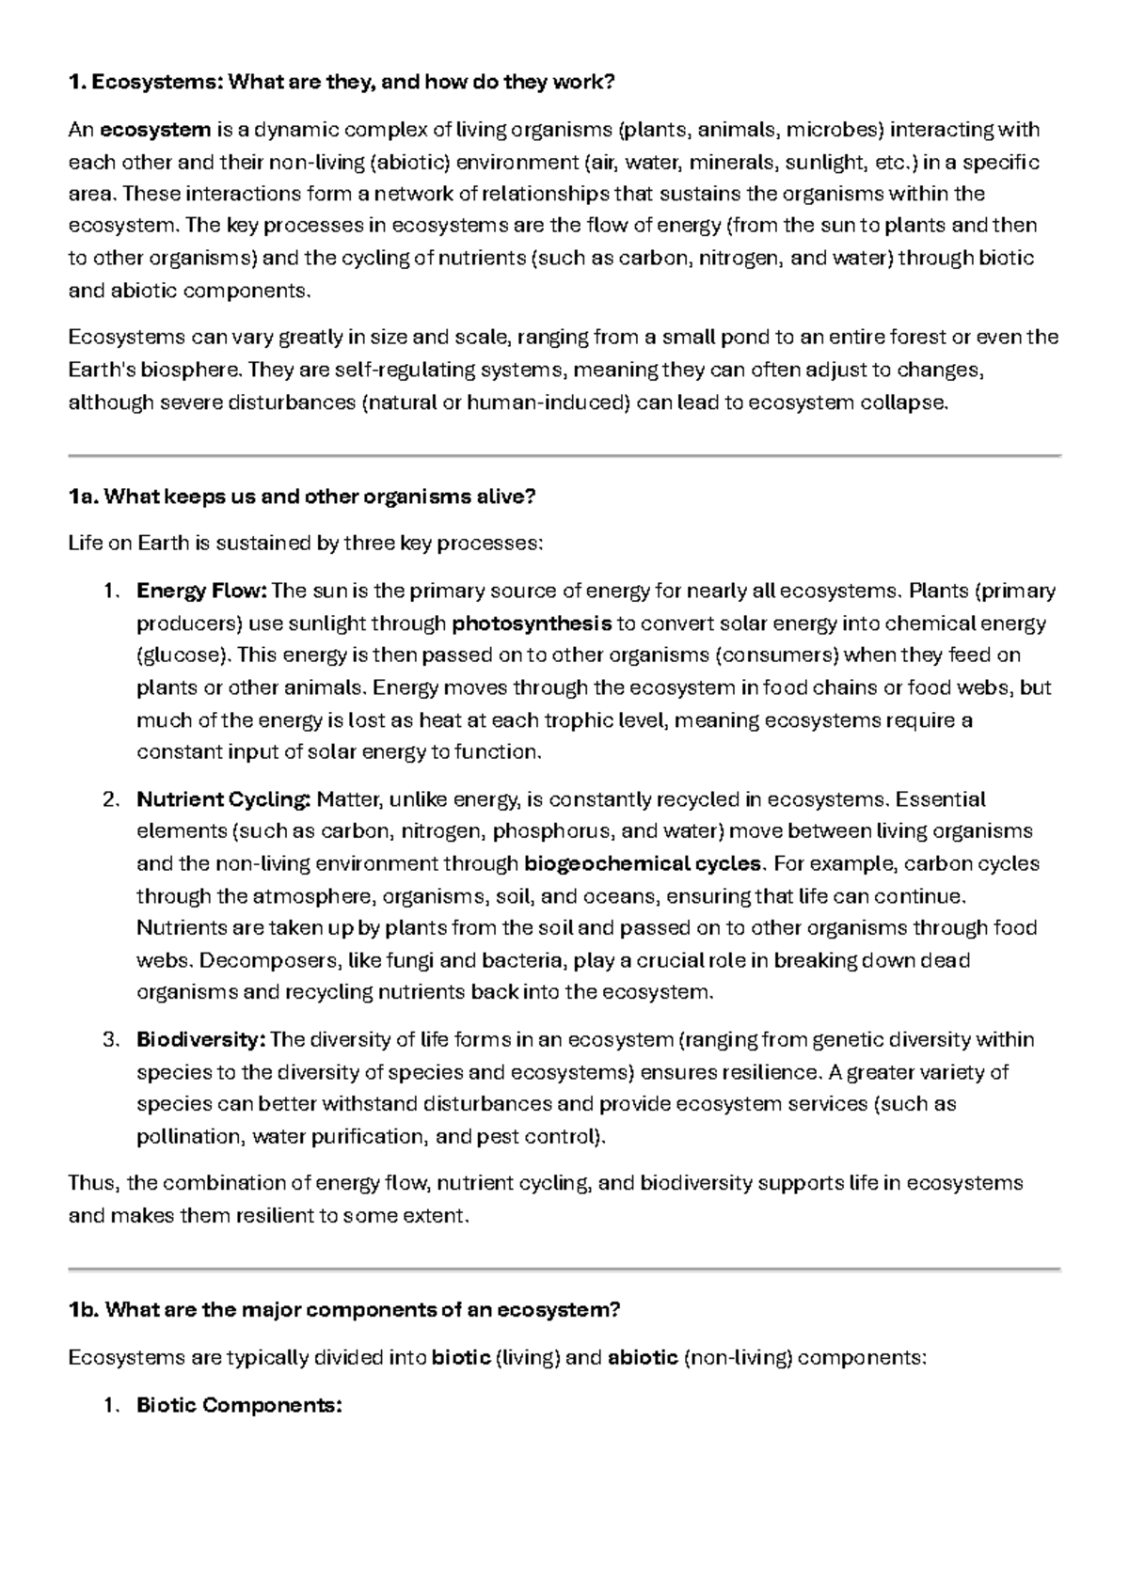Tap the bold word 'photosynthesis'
click(532, 624)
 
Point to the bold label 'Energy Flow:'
click(202, 592)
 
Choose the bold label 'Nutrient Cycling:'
click(223, 800)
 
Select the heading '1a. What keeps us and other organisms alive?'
click(302, 497)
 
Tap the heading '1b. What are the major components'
click(344, 1310)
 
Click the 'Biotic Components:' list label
click(239, 1406)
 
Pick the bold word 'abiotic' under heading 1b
click(644, 1358)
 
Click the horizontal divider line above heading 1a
click(564, 455)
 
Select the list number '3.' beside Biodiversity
click(111, 1040)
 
